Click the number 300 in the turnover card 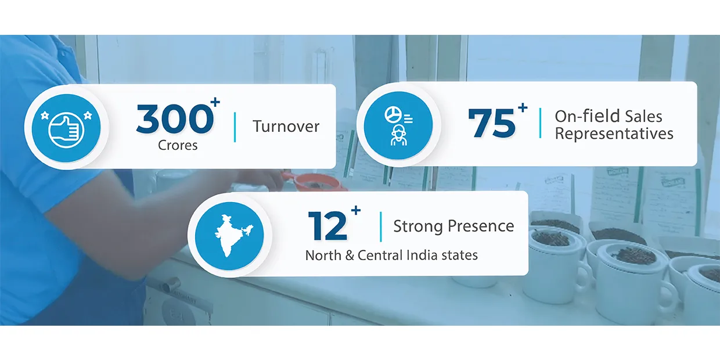tap(175, 118)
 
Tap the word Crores tap(178, 145)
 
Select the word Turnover tap(286, 126)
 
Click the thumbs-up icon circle tap(66, 128)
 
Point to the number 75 tap(492, 124)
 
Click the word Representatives tap(614, 134)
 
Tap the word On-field tap(587, 116)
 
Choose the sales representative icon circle tap(398, 125)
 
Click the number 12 tap(327, 226)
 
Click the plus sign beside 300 tap(215, 103)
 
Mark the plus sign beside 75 tap(523, 107)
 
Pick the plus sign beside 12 tap(355, 211)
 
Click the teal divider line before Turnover tap(235, 127)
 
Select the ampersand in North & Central tap(350, 255)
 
